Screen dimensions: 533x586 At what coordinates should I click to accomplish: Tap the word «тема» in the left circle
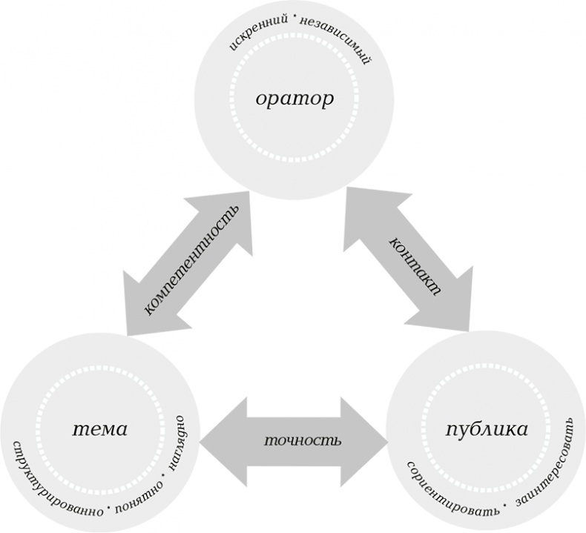(100, 428)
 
